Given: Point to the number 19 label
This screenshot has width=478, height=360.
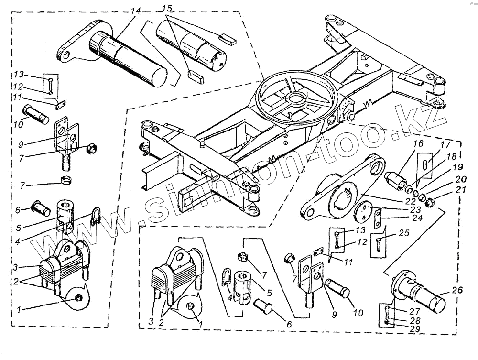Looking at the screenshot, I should pyautogui.click(x=457, y=167).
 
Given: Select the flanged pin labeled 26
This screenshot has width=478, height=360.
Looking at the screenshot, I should pyautogui.click(x=421, y=293).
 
